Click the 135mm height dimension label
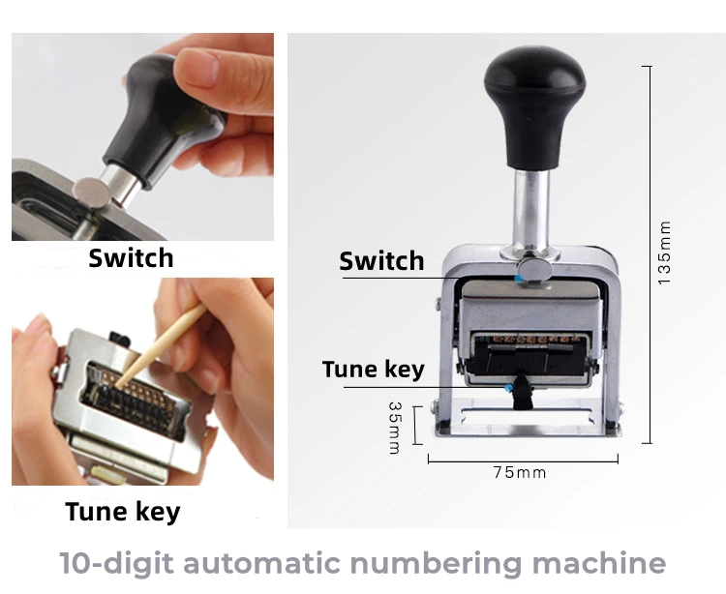[x=664, y=252]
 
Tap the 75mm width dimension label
[x=519, y=472]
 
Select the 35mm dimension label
[x=395, y=427]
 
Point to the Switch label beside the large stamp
[x=381, y=261]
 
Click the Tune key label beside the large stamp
[x=373, y=370]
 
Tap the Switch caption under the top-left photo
[x=131, y=258]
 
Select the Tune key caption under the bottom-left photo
[x=122, y=511]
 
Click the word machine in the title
[x=605, y=563]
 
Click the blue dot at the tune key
[x=510, y=387]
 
